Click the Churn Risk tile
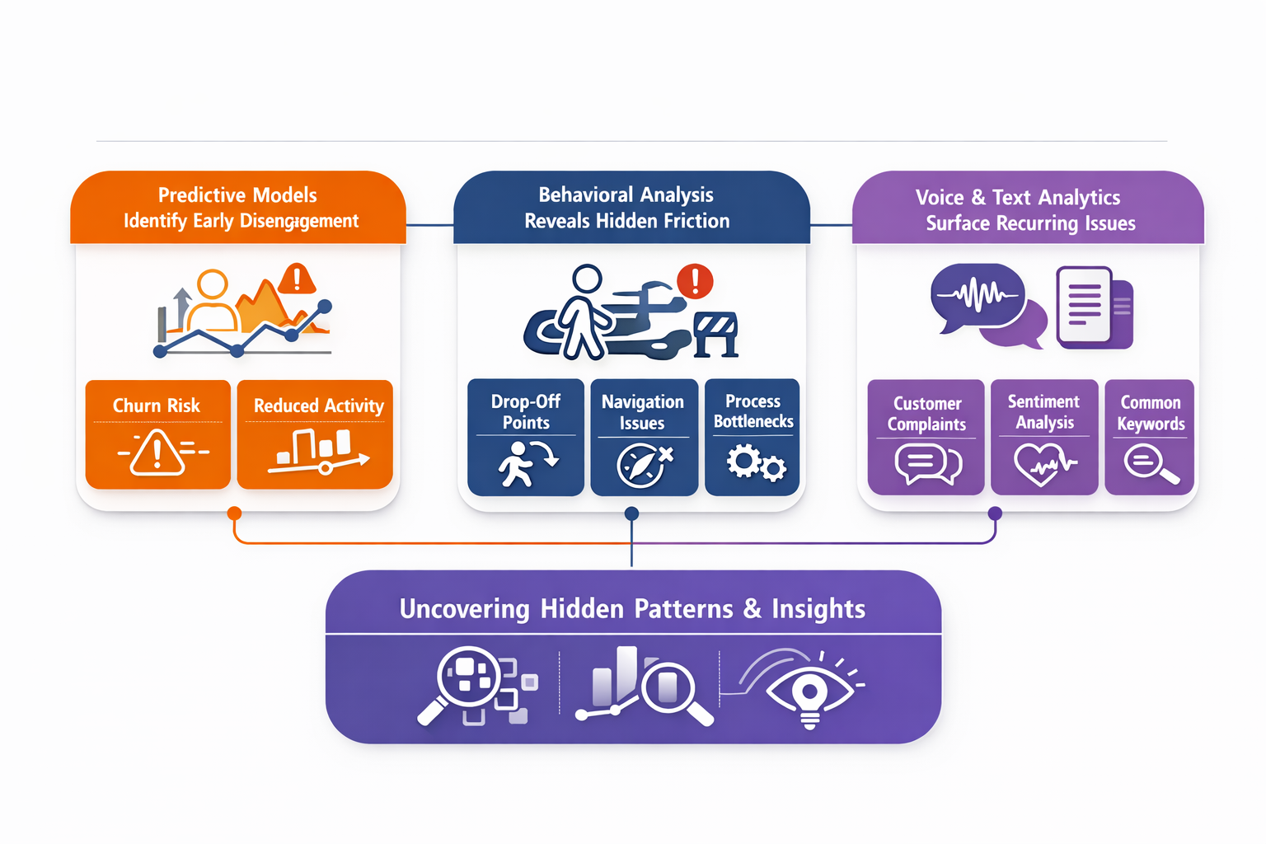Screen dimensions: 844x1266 coord(157,434)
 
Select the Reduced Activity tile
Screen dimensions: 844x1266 coord(315,434)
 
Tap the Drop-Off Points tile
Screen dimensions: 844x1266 coord(526,437)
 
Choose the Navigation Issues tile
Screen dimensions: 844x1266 coord(644,437)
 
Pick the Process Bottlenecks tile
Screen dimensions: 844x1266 coord(753,437)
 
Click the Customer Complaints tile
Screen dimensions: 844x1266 coord(926,437)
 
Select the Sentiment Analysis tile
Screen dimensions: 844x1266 coord(1044,437)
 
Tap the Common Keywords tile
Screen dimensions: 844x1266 coord(1150,437)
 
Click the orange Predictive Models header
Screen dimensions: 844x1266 coord(238,208)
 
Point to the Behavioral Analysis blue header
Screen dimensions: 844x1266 coord(631,208)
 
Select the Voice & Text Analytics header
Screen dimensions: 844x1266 coord(1028,209)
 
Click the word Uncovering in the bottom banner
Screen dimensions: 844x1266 coord(464,609)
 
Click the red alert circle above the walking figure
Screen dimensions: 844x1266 coord(695,280)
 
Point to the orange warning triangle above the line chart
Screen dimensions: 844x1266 coord(297,279)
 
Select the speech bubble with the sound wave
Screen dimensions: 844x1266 coord(978,295)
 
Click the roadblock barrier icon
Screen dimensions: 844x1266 coord(715,333)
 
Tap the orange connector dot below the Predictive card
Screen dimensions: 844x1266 coord(234,513)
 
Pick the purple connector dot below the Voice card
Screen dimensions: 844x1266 coord(995,513)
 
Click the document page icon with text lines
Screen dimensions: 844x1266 coord(1084,304)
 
